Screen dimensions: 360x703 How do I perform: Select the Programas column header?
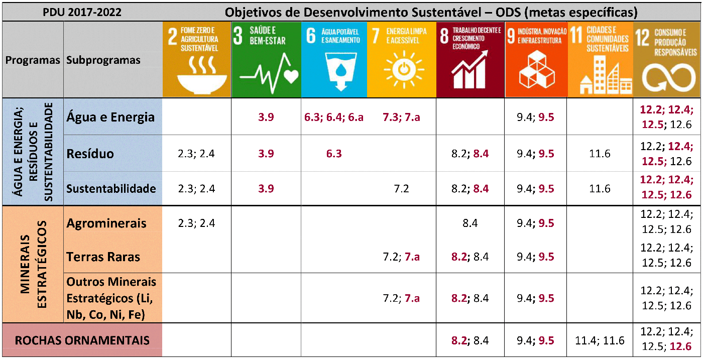tap(33, 60)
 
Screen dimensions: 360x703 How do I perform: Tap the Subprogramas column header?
tap(103, 60)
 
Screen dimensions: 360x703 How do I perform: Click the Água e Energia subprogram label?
tap(110, 117)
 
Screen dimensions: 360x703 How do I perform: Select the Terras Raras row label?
tap(103, 257)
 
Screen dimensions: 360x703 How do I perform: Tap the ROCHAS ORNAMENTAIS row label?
tap(82, 340)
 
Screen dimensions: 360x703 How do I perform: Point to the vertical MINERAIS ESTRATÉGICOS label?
tap(33, 264)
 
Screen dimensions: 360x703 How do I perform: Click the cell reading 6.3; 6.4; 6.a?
tap(334, 117)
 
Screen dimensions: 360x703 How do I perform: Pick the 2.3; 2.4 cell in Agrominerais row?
tap(196, 223)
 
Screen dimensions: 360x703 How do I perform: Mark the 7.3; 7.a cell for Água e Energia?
tap(401, 117)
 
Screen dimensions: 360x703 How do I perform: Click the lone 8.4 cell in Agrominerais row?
tap(470, 223)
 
